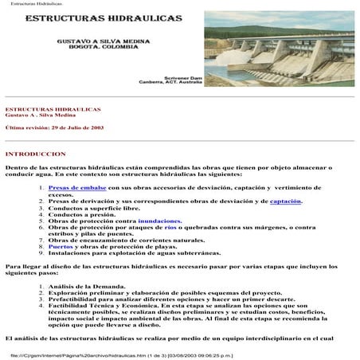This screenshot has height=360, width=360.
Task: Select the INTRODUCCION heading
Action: pos(37,152)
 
